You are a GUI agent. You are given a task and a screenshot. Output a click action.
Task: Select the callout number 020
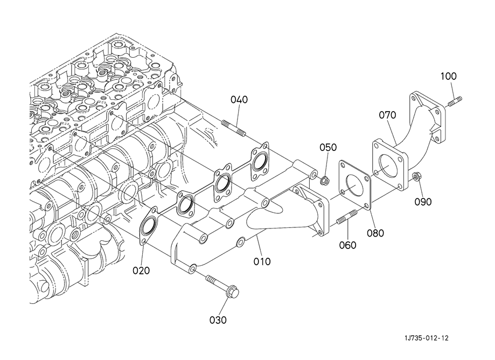[x=143, y=270]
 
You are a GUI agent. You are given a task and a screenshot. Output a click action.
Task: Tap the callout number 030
[x=218, y=320]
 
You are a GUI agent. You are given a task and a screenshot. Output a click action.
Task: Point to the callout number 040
[x=240, y=100]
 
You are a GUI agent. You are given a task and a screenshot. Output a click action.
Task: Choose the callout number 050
[x=327, y=148]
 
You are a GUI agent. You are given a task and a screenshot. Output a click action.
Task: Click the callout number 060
[x=348, y=245]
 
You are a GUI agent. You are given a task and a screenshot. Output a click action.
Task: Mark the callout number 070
[x=387, y=115]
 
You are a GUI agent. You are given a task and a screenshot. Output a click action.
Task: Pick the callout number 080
[x=376, y=233]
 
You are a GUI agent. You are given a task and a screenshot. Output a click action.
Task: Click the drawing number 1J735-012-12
[x=426, y=338]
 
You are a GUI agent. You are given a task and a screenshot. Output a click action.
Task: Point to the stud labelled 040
[x=234, y=128]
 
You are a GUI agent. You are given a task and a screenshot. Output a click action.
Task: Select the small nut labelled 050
[x=325, y=181]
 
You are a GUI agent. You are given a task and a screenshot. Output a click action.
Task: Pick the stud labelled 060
[x=345, y=219]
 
